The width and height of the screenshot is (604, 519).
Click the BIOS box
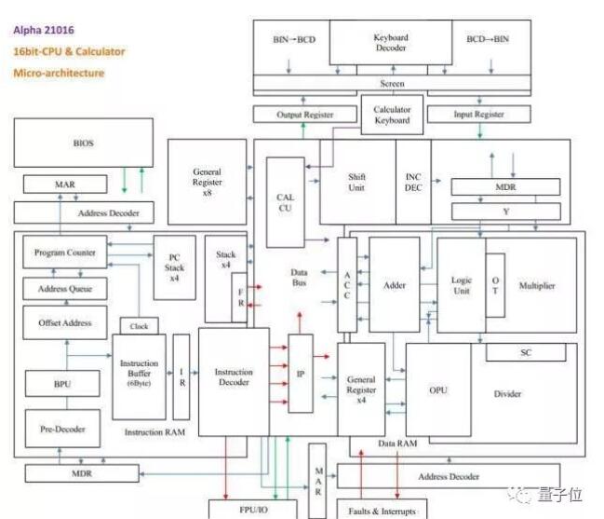coord(83,143)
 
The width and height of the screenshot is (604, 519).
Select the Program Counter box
coord(64,252)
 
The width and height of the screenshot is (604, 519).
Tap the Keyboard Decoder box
coord(391,43)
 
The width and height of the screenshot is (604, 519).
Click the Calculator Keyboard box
coord(392,114)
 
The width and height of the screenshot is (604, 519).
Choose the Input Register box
coord(478,114)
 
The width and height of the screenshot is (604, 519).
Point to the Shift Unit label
coord(356,182)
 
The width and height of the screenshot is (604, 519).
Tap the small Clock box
coord(140,327)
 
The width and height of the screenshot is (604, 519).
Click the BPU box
coord(63,384)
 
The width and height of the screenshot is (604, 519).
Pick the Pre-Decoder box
coord(63,429)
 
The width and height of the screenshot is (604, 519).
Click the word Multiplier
coord(536,285)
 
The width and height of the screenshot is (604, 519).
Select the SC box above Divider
coord(525,352)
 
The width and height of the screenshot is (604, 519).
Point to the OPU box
coord(437,389)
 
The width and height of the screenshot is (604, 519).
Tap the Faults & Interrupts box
coord(382,510)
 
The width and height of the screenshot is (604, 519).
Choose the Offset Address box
coord(64,322)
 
